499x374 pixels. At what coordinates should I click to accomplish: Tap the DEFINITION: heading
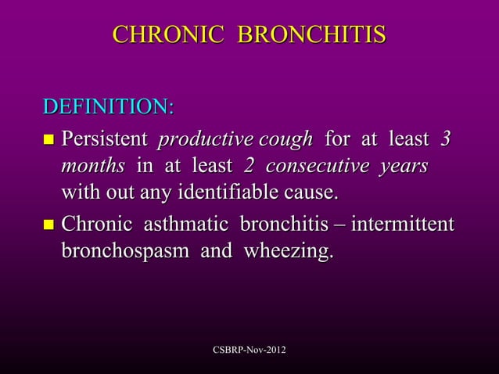(x=109, y=106)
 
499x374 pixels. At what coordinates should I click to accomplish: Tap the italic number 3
(x=445, y=140)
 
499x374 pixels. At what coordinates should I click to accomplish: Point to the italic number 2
(x=249, y=167)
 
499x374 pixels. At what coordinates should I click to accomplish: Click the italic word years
(x=401, y=167)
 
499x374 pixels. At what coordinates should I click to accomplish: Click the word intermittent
(x=403, y=226)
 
